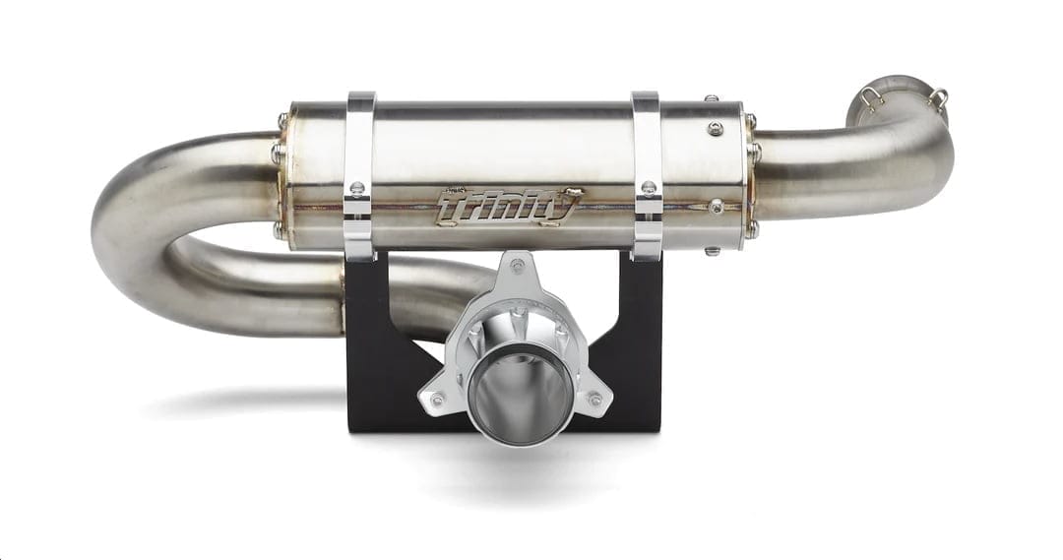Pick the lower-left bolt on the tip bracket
(437, 400)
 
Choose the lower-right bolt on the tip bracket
(594, 400)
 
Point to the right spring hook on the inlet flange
(938, 96)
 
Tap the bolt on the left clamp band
(357, 188)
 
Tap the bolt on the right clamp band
(649, 187)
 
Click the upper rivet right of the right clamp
(716, 128)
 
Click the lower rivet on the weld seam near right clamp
(716, 207)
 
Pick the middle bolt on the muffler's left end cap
(279, 155)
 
